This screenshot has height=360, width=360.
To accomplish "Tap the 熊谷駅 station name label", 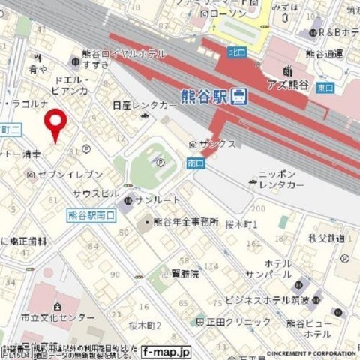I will point(204,96).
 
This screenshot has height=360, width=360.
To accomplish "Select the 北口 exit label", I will point(237,52).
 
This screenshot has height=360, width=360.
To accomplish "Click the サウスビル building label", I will point(95,193).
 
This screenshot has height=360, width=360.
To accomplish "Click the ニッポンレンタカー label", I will point(281,179).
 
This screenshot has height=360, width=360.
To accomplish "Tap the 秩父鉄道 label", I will point(326,238).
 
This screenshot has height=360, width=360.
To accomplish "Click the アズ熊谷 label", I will point(289,84).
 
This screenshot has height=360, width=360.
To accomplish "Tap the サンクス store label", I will point(217,143).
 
